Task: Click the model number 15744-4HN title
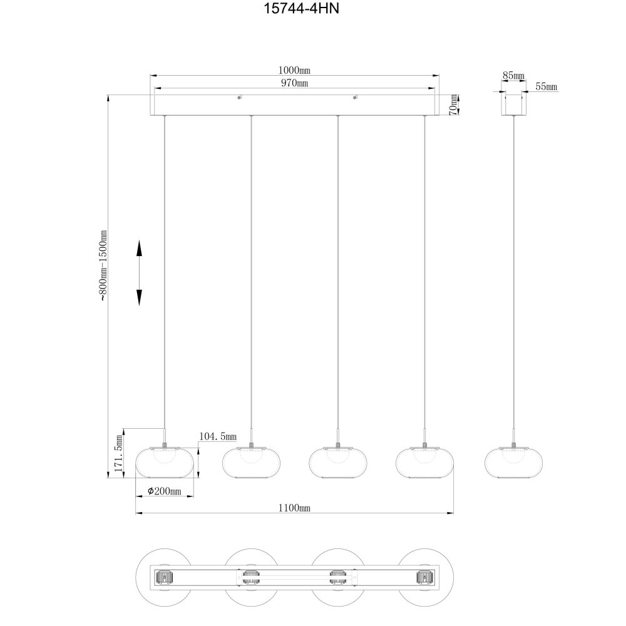point(302,8)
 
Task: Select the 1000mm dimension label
point(294,70)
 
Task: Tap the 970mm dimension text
point(295,83)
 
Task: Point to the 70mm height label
point(453,105)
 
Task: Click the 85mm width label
point(513,75)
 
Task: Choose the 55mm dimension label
point(546,86)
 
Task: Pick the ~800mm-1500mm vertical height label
point(103,265)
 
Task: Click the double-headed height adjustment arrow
point(139,273)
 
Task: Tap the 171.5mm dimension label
point(118,453)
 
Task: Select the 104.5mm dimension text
point(218,436)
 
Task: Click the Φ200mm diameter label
point(165,491)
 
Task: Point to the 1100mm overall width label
point(294,508)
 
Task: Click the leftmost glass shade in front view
point(165,462)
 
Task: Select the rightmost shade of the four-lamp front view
point(425,462)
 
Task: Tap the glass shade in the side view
point(513,462)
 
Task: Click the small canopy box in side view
point(513,105)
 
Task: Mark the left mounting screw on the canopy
point(239,97)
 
